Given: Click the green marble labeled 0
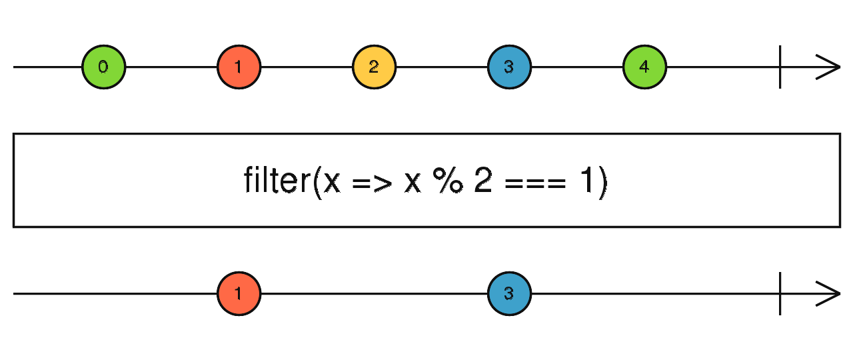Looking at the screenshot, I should coord(103,67).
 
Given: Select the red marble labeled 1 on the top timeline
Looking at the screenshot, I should coord(239,67).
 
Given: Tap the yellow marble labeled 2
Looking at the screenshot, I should coord(374,67).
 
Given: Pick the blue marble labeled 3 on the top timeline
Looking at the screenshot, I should coord(509,67).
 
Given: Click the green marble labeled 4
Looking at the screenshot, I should coord(644,67).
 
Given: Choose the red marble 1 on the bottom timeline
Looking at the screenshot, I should coord(239,293).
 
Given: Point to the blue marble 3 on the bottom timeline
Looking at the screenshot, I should coord(509,293).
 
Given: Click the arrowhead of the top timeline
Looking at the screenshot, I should coord(830,67).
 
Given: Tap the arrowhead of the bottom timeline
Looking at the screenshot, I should coord(830,293).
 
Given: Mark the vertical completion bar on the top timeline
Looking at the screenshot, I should coord(780,67).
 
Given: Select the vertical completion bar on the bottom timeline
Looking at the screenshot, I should coord(780,293).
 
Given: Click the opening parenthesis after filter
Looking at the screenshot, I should coord(316,181).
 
